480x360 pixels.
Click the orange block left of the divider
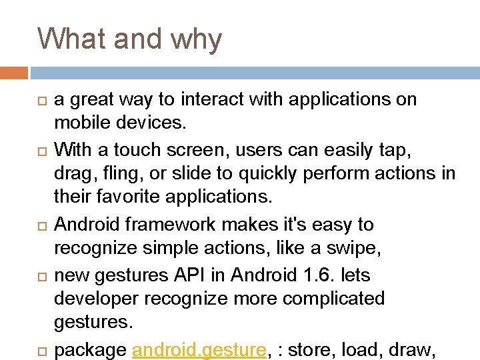point(14,72)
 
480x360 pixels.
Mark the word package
point(89,349)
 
